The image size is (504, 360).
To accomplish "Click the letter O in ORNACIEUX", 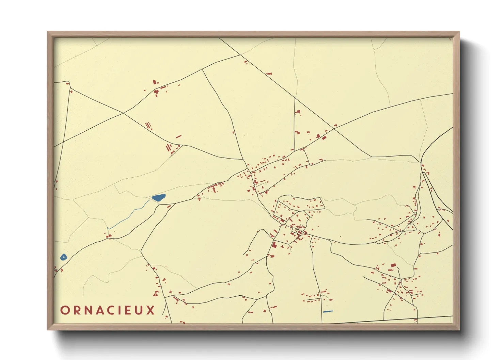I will (x=65, y=310).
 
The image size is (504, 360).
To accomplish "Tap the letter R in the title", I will (x=77, y=310).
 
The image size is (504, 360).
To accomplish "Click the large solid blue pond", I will (x=158, y=197).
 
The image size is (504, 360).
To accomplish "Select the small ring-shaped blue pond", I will (x=63, y=257).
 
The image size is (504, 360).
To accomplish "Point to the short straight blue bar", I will (x=328, y=311).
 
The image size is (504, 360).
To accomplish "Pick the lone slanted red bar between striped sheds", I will (x=178, y=136).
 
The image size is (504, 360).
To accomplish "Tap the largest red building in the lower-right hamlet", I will (x=393, y=265).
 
